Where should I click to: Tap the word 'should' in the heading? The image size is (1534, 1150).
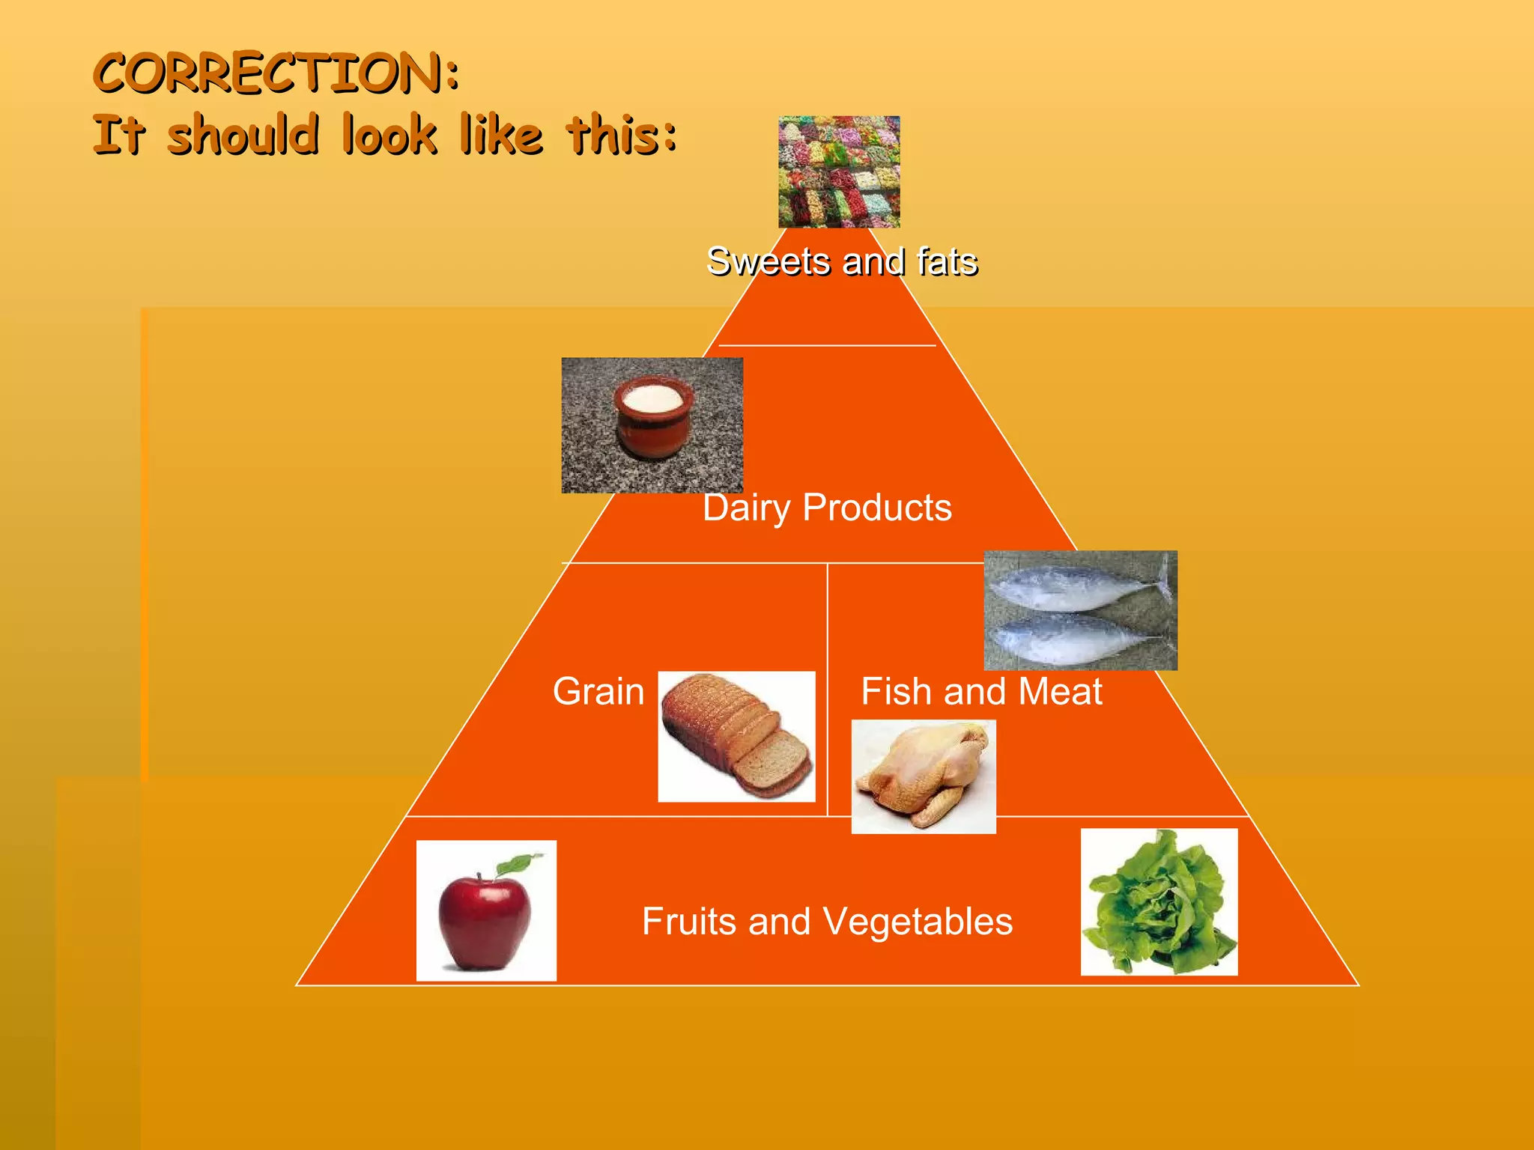pyautogui.click(x=243, y=136)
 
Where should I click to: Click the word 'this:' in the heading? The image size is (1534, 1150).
pyautogui.click(x=622, y=136)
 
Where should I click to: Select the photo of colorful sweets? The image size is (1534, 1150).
pyautogui.click(x=839, y=171)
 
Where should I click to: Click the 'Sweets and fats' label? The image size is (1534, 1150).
pyautogui.click(x=842, y=261)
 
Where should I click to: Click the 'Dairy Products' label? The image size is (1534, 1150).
pyautogui.click(x=827, y=508)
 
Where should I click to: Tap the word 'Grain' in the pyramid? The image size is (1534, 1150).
pyautogui.click(x=598, y=691)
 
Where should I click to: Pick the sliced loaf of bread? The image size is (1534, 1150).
pyautogui.click(x=737, y=737)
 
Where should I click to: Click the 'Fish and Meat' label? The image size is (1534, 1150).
pyautogui.click(x=981, y=691)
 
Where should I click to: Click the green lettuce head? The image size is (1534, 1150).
pyautogui.click(x=1158, y=901)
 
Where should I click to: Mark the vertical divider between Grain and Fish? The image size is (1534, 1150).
pyautogui.click(x=828, y=689)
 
